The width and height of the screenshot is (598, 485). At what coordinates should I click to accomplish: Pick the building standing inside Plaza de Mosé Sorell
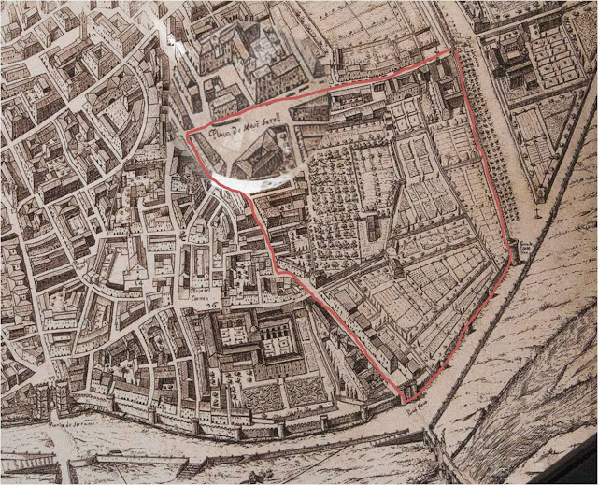click(x=263, y=155)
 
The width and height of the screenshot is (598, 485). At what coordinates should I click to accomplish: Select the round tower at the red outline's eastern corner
click(x=510, y=253)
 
